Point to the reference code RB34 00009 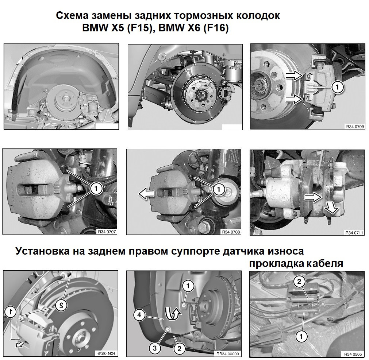(x=227, y=353)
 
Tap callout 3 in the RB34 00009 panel (x=155, y=348)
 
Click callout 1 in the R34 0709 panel (x=338, y=87)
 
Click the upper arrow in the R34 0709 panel (x=294, y=76)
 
